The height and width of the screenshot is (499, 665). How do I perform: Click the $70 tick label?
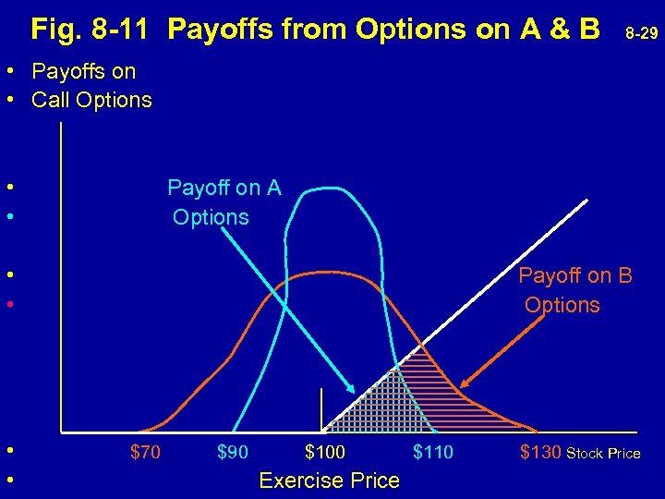pyautogui.click(x=145, y=452)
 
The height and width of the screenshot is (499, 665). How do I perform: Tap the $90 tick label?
pyautogui.click(x=233, y=452)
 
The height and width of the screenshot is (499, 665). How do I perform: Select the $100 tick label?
pyautogui.click(x=325, y=452)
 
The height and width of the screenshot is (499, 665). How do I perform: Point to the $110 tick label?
pyautogui.click(x=433, y=452)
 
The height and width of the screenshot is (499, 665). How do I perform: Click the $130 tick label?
pyautogui.click(x=539, y=452)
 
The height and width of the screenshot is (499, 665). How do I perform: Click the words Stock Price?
pyautogui.click(x=603, y=453)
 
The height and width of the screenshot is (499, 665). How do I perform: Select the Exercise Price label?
pyautogui.click(x=330, y=481)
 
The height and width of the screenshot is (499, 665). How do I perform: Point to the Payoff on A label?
pyautogui.click(x=224, y=189)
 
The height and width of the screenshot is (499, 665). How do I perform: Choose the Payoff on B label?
pyautogui.click(x=574, y=275)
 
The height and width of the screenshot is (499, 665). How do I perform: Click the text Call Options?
pyautogui.click(x=91, y=100)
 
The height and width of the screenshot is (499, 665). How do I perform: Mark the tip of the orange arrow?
pyautogui.click(x=462, y=385)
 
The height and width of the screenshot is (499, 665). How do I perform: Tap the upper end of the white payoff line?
pyautogui.click(x=586, y=201)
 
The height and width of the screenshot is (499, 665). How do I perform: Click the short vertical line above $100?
pyautogui.click(x=320, y=409)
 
